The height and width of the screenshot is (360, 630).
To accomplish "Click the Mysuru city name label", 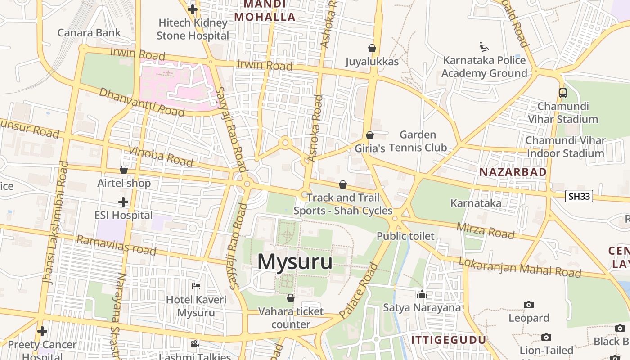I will coord(295,262).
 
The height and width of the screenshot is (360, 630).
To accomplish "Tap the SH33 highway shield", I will coord(579,196).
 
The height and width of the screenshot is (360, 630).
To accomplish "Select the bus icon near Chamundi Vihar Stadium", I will coord(562,93).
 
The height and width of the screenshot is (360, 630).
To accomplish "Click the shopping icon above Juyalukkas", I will coord(372,48).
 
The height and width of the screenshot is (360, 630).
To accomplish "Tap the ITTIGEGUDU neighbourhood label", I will coord(449,340).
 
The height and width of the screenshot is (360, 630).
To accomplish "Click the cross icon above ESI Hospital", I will coord(123,202).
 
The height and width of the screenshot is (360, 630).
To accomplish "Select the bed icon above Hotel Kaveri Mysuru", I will coord(196,286).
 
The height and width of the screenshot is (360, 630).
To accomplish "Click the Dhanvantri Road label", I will coord(141,102).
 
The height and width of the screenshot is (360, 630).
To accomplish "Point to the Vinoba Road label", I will coord(161,156).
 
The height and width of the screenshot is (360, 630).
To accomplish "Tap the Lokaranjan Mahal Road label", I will coord(520,267).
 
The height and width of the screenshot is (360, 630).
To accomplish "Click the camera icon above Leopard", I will coord(529,305).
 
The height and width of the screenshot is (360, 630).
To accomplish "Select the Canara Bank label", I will coord(89,32).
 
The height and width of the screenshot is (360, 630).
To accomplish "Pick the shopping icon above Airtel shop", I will coord(124,170).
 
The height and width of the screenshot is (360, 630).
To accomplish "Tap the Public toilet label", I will coord(405,236).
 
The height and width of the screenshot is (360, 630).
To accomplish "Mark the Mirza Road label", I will coord(485,231).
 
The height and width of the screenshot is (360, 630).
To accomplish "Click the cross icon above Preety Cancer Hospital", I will coord(42,331).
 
